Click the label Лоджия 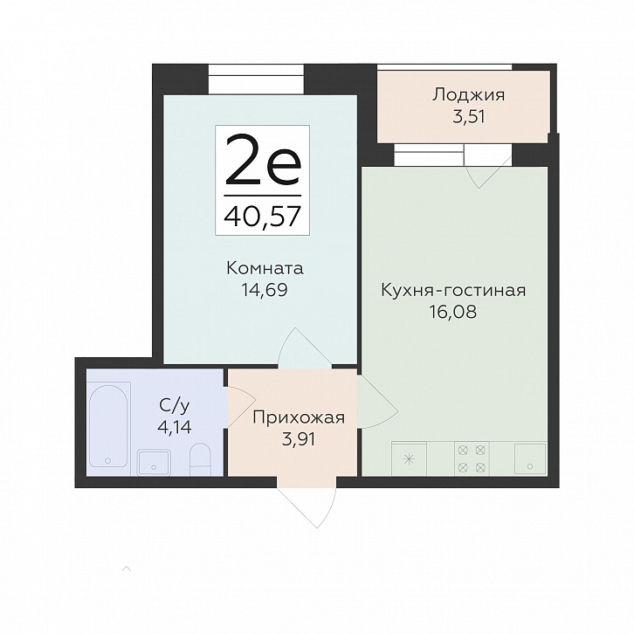[x=469, y=96]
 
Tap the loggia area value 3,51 [x=469, y=117]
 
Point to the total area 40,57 [x=263, y=216]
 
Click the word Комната [x=265, y=268]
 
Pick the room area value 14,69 [x=264, y=290]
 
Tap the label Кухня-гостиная [x=453, y=290]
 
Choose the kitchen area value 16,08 [x=453, y=312]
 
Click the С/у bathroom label [x=175, y=405]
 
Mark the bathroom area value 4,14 [x=175, y=427]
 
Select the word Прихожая [x=299, y=418]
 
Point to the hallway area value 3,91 [x=299, y=439]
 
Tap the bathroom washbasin [x=154, y=463]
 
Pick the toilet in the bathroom [x=201, y=459]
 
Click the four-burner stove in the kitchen [x=472, y=458]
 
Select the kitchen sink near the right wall [x=530, y=458]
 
